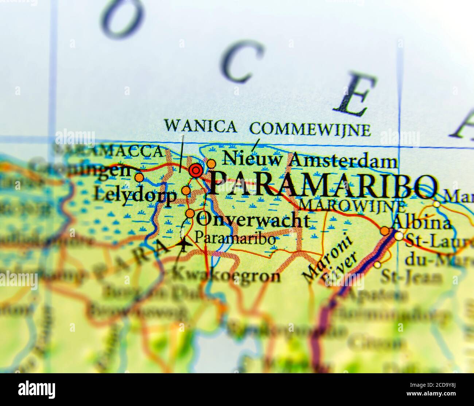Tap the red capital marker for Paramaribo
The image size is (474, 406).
coord(196,170)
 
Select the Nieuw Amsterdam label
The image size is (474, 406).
coord(310,160)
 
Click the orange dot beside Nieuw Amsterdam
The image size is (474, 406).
coord(211,163)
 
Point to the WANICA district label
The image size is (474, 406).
coord(200,126)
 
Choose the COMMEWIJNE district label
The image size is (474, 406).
coord(310,129)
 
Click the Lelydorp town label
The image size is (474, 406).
coord(135,196)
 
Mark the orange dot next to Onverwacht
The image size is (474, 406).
coord(190,213)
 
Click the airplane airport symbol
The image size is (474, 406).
coord(184,245)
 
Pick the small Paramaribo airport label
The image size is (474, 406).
coord(235,239)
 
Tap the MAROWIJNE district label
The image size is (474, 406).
coord(352,206)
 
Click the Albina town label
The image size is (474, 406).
coord(421,222)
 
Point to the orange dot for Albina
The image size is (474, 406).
coord(385,231)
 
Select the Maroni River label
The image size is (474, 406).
coord(330,261)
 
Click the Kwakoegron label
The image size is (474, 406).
coord(226,276)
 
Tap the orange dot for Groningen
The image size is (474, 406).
coord(139,178)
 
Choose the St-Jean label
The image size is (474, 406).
coord(411,277)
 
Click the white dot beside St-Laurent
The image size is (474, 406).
coord(400,236)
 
